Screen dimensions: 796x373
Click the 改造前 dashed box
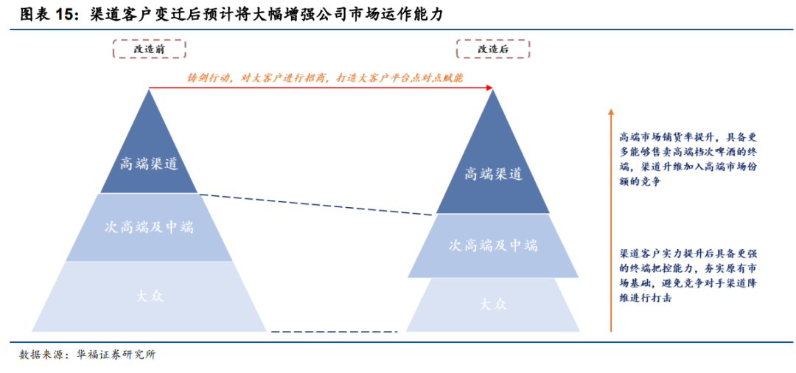pos(149,49)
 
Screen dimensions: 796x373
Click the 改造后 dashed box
pos(493,49)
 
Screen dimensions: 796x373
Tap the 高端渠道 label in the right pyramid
pos(493,175)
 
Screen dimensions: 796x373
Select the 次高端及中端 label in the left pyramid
pos(149,227)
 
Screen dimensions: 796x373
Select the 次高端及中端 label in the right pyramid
pos(493,245)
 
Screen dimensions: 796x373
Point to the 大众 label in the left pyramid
pos(149,296)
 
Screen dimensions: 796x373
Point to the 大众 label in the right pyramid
pos(493,303)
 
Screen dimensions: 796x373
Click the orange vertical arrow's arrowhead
pos(610,113)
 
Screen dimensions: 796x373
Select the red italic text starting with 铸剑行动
pos(324,77)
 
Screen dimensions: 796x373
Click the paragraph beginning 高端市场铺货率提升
pos(688,159)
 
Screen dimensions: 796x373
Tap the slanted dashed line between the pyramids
pos(317,204)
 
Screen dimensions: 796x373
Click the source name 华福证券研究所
pos(116,355)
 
